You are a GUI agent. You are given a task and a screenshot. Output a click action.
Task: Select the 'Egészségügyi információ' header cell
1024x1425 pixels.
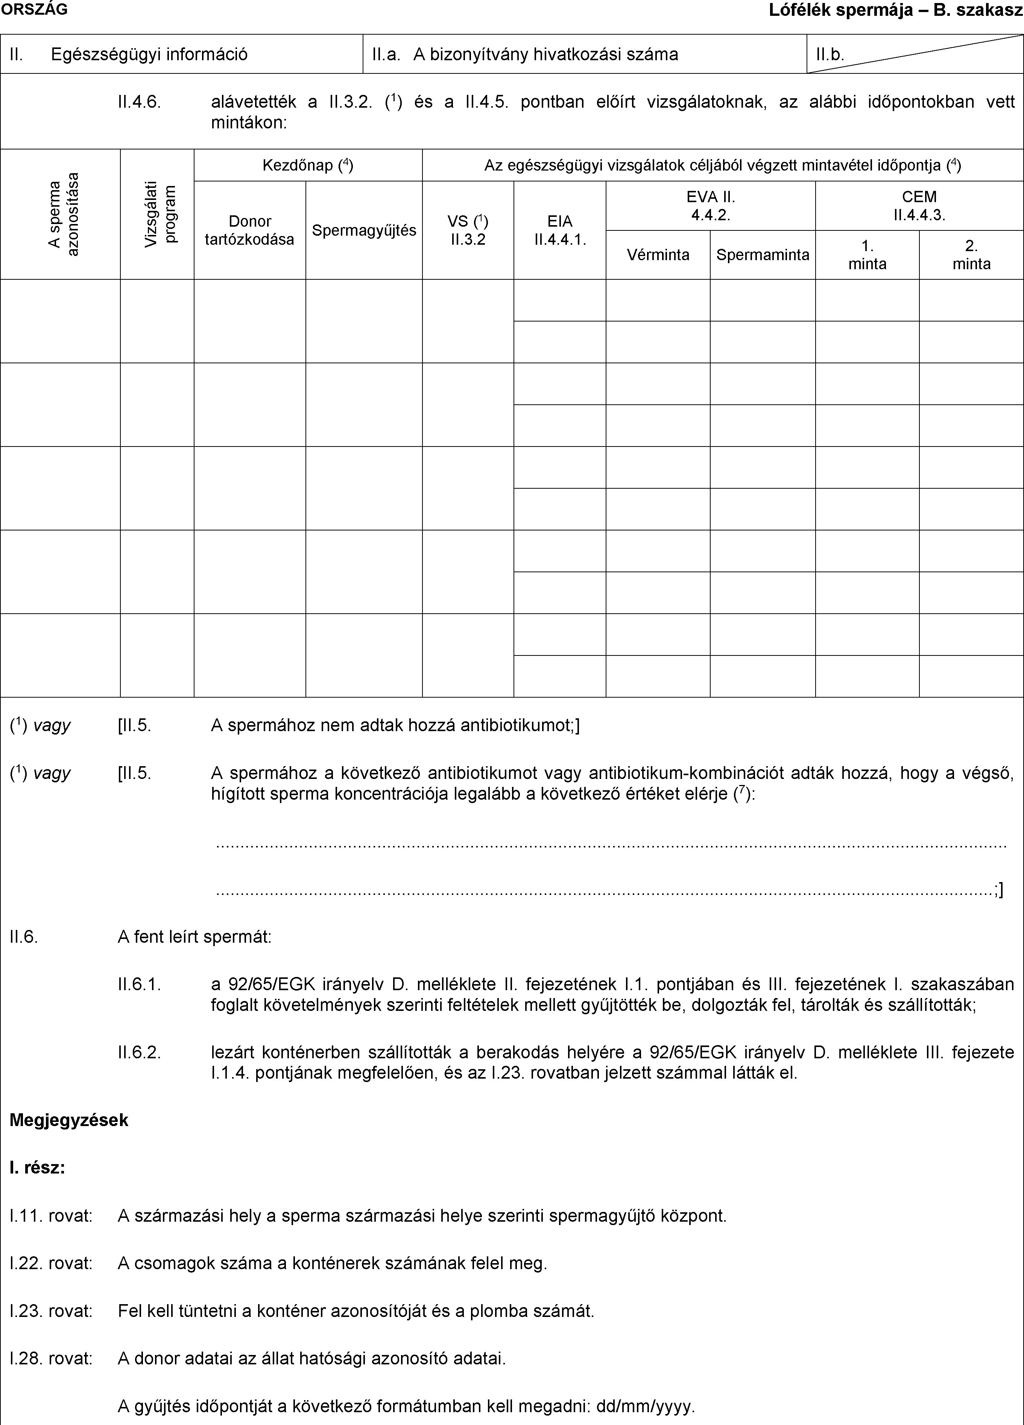[x=149, y=54]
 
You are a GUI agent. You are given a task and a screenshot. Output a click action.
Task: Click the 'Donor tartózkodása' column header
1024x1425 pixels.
[x=249, y=230]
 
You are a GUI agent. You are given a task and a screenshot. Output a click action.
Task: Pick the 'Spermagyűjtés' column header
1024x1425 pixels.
[x=364, y=230]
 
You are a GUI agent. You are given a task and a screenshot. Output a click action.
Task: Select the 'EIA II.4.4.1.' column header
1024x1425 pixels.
[x=559, y=230]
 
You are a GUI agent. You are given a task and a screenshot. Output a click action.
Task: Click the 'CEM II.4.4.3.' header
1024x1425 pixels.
[x=919, y=206]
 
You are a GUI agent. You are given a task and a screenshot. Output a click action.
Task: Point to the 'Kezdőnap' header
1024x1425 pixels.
[x=308, y=166]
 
